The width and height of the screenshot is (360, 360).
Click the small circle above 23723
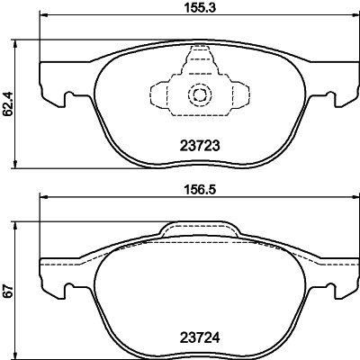click(x=196, y=94)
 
